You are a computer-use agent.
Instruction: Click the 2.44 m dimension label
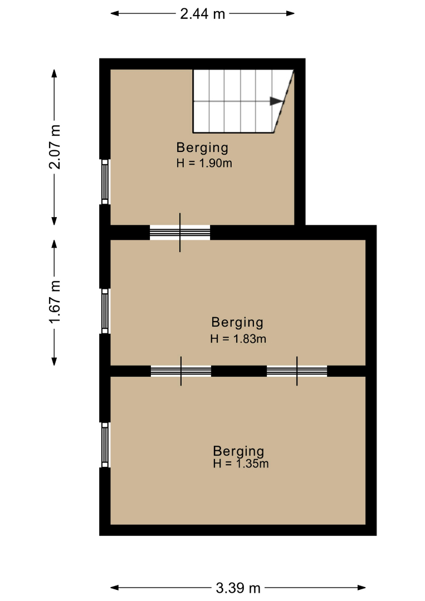pyautogui.click(x=203, y=14)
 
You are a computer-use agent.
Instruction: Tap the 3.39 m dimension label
pyautogui.click(x=238, y=588)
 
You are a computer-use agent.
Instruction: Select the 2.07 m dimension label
pyautogui.click(x=55, y=147)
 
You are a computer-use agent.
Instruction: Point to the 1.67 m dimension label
pyautogui.click(x=55, y=302)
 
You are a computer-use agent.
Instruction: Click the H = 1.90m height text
pyautogui.click(x=204, y=163)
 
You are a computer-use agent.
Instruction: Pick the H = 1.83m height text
pyautogui.click(x=238, y=338)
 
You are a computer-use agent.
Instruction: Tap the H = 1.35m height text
pyautogui.click(x=241, y=464)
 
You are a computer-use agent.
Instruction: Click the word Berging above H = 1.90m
pyautogui.click(x=202, y=148)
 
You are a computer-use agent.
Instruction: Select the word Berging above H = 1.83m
pyautogui.click(x=237, y=322)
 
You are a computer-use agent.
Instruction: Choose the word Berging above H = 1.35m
pyautogui.click(x=238, y=451)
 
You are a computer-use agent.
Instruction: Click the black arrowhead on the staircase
pyautogui.click(x=276, y=101)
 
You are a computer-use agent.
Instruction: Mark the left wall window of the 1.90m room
pyautogui.click(x=105, y=181)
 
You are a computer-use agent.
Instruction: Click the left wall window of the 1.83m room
pyautogui.click(x=105, y=311)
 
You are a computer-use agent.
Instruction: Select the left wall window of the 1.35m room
pyautogui.click(x=105, y=445)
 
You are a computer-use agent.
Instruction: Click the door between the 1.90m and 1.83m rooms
pyautogui.click(x=180, y=232)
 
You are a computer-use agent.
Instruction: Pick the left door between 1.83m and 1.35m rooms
pyautogui.click(x=181, y=371)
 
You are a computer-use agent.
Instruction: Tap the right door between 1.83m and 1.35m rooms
pyautogui.click(x=297, y=371)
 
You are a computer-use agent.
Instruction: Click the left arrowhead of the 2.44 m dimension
pyautogui.click(x=115, y=13)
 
